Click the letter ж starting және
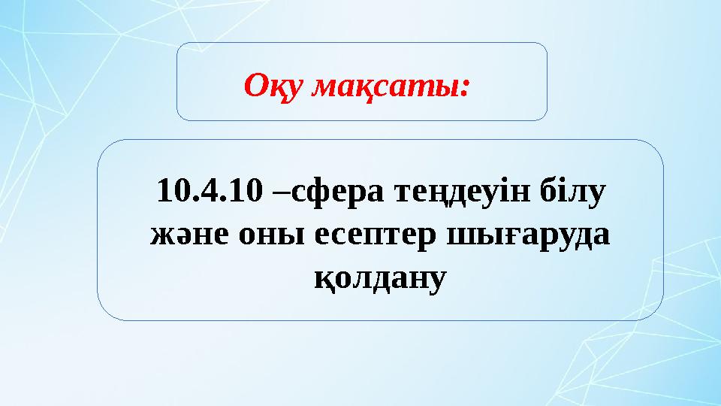tap(160, 236)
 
